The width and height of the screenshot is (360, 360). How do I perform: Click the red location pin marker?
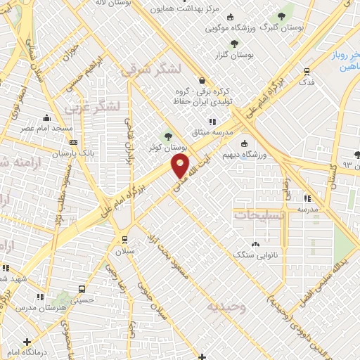click(180, 167)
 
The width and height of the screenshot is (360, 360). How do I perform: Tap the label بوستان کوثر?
click(169, 148)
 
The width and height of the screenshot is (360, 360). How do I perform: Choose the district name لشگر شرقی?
click(151, 70)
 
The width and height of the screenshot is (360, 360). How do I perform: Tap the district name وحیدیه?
click(226, 307)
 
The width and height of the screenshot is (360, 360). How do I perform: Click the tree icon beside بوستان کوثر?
click(168, 136)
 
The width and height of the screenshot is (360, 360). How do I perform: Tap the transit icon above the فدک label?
click(307, 70)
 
